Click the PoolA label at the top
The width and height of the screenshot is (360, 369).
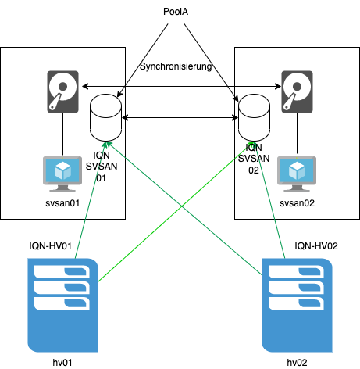(x=176, y=12)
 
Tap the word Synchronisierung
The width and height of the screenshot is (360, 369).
(x=176, y=66)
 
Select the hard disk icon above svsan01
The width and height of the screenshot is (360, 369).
(x=62, y=91)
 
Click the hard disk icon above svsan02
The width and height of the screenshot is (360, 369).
(x=297, y=91)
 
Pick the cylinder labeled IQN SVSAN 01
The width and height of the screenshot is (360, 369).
(x=105, y=118)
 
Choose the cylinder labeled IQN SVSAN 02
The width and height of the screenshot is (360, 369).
(x=254, y=118)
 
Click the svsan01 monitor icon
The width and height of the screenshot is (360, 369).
(x=62, y=174)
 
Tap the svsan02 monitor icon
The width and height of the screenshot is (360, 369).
(x=297, y=174)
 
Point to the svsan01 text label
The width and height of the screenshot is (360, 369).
(x=62, y=203)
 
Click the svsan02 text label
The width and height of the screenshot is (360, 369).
(x=297, y=203)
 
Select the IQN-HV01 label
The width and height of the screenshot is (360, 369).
(x=50, y=246)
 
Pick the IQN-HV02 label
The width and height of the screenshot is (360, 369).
(x=316, y=246)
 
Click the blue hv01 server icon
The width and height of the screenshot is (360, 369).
(x=62, y=305)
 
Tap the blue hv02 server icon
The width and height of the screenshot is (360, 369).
(x=297, y=305)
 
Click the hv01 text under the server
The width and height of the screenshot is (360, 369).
(x=62, y=363)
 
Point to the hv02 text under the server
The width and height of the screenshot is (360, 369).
(x=297, y=363)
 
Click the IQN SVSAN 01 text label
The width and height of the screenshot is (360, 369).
(x=102, y=167)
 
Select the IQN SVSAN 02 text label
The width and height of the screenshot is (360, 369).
(x=254, y=159)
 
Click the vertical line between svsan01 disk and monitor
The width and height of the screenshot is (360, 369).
(x=62, y=134)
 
